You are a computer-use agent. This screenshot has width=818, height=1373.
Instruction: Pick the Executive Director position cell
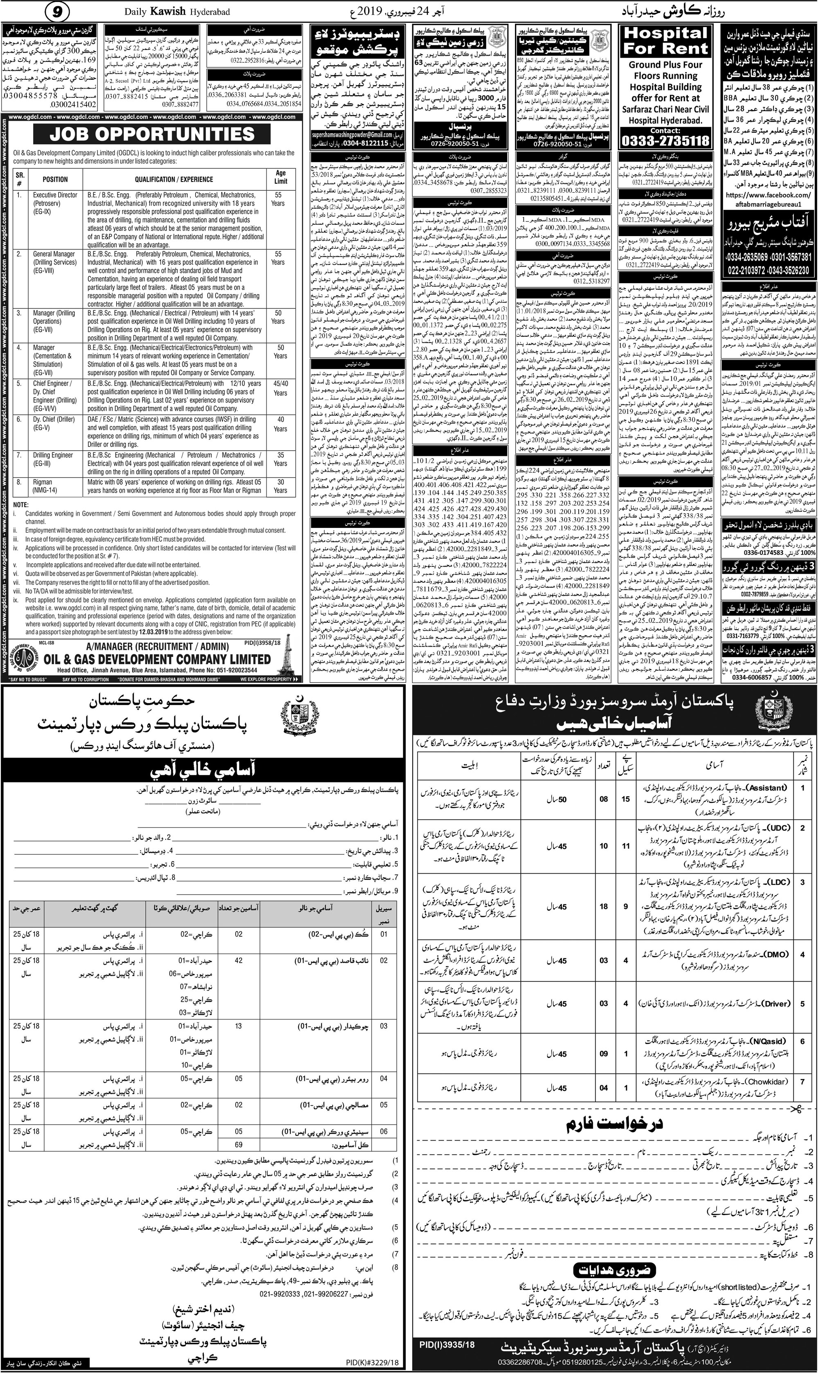55,198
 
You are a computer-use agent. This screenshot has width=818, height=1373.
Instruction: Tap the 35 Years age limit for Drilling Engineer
280,459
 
